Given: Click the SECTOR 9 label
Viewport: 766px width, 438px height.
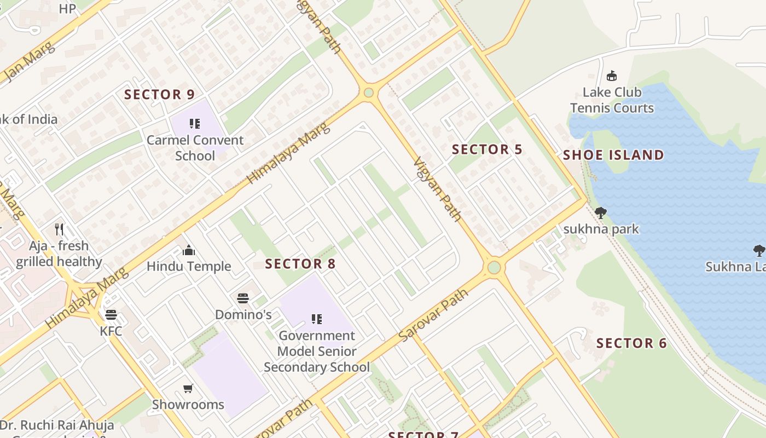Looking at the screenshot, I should click(159, 94).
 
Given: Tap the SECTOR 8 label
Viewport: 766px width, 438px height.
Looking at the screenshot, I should click(300, 263).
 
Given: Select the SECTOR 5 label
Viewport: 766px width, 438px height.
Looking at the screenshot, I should click(487, 149).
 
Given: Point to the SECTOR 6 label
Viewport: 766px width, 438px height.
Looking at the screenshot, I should click(631, 343).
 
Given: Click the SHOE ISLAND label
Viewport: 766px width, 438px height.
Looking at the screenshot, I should click(613, 155).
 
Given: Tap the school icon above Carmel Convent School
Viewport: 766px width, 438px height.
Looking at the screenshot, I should click(195, 124).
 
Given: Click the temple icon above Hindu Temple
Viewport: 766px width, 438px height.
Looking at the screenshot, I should click(189, 251).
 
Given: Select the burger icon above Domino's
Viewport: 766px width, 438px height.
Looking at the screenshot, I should click(243, 298).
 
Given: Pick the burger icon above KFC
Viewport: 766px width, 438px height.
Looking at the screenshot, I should click(111, 315).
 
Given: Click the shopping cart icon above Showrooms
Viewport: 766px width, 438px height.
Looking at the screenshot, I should click(188, 389).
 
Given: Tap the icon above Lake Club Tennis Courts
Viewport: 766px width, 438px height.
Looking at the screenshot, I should click(612, 76).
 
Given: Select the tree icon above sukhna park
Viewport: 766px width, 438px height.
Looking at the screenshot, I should click(601, 212).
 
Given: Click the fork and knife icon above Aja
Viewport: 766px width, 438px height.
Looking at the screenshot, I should click(59, 229).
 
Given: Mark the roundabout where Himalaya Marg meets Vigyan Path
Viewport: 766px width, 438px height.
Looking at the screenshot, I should click(368, 93).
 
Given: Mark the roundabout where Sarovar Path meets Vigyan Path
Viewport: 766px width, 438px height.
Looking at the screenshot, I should click(494, 267).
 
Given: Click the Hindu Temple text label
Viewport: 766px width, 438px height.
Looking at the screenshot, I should click(189, 267).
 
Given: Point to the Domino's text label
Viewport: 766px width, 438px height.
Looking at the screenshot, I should click(243, 314).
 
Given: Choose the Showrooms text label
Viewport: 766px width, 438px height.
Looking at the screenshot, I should click(188, 405).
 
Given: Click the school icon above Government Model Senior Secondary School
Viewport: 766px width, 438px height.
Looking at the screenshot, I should click(316, 319).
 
